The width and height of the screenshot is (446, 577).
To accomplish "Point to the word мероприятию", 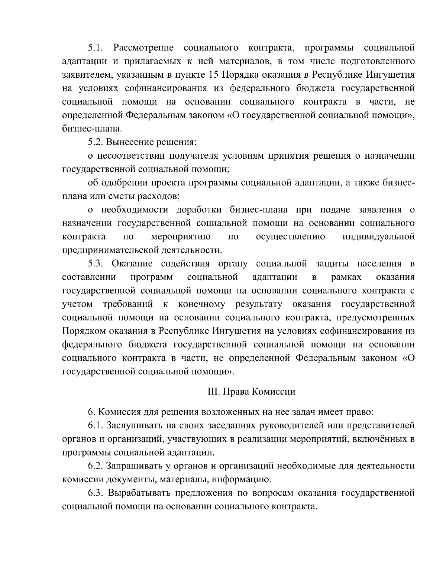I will coord(181,236).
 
